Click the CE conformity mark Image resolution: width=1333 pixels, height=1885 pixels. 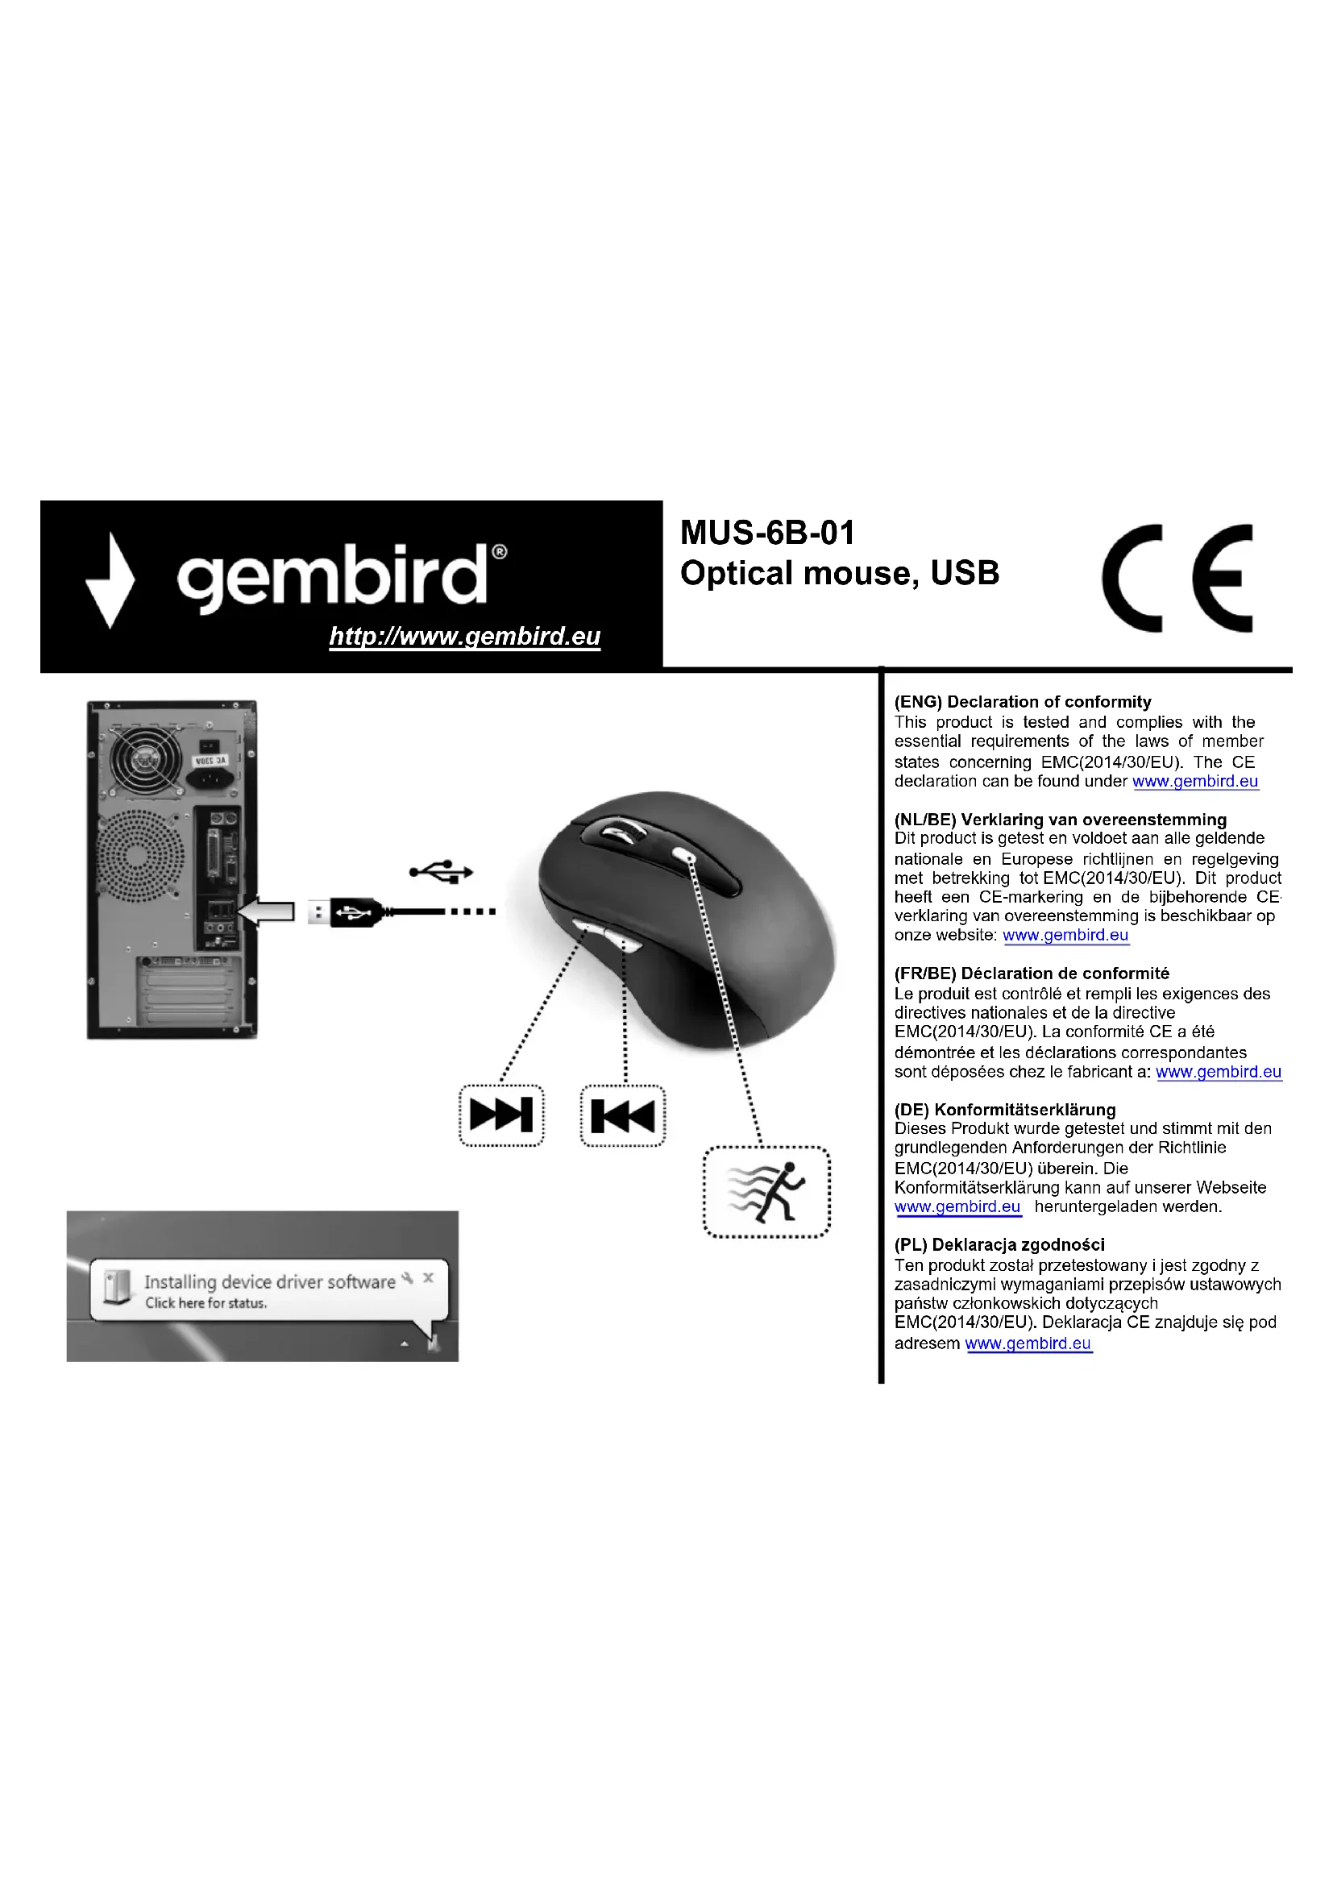point(1176,578)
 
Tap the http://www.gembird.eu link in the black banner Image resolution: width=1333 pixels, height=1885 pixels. point(464,637)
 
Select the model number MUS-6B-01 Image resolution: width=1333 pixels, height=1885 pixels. point(767,533)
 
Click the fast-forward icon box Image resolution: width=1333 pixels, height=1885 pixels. point(500,1115)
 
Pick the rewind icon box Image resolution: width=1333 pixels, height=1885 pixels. point(622,1115)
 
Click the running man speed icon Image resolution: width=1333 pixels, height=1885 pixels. point(766,1191)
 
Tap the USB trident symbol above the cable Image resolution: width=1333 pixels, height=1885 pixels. point(442,871)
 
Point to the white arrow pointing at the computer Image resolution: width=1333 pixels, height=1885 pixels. point(266,911)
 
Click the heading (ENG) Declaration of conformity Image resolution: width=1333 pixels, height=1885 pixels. point(1022,702)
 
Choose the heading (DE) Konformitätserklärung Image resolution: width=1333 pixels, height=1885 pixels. point(1005,1110)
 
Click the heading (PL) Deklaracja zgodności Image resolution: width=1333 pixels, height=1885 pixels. point(999,1244)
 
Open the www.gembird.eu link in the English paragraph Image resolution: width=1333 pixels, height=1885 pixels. point(1194,782)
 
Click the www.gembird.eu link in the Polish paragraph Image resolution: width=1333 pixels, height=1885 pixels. point(1028,1344)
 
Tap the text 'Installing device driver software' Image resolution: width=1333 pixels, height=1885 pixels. point(269,1282)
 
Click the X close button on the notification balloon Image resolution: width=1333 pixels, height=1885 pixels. point(428,1278)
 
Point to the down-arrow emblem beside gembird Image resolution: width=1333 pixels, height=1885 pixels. point(110,579)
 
